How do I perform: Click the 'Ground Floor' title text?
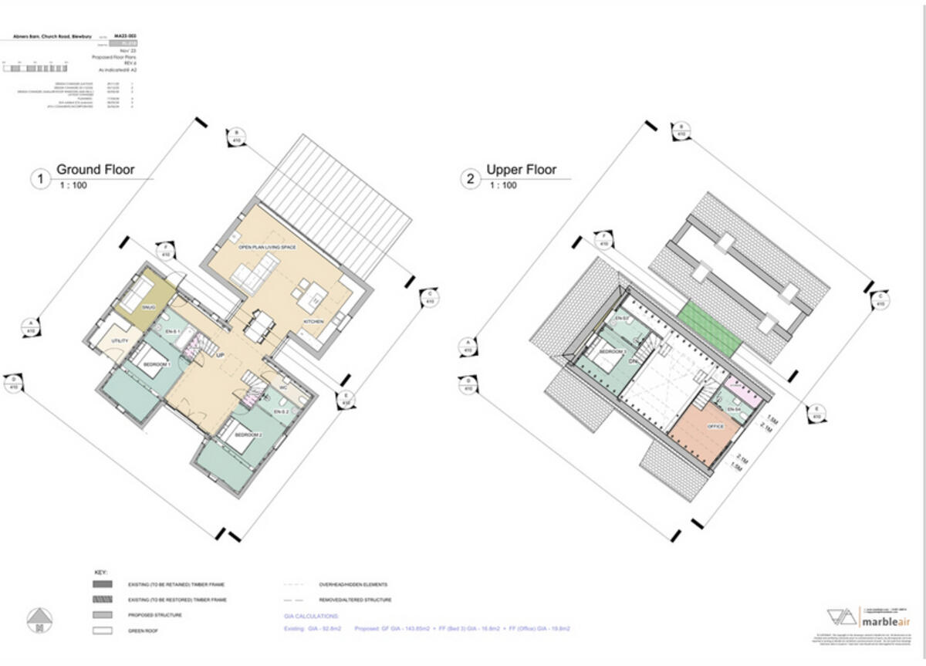coord(95,170)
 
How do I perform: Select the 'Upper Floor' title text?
coord(521,170)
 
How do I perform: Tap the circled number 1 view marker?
coord(39,180)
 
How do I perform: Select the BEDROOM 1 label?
coord(157,363)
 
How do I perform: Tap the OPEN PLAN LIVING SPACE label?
coord(268,247)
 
